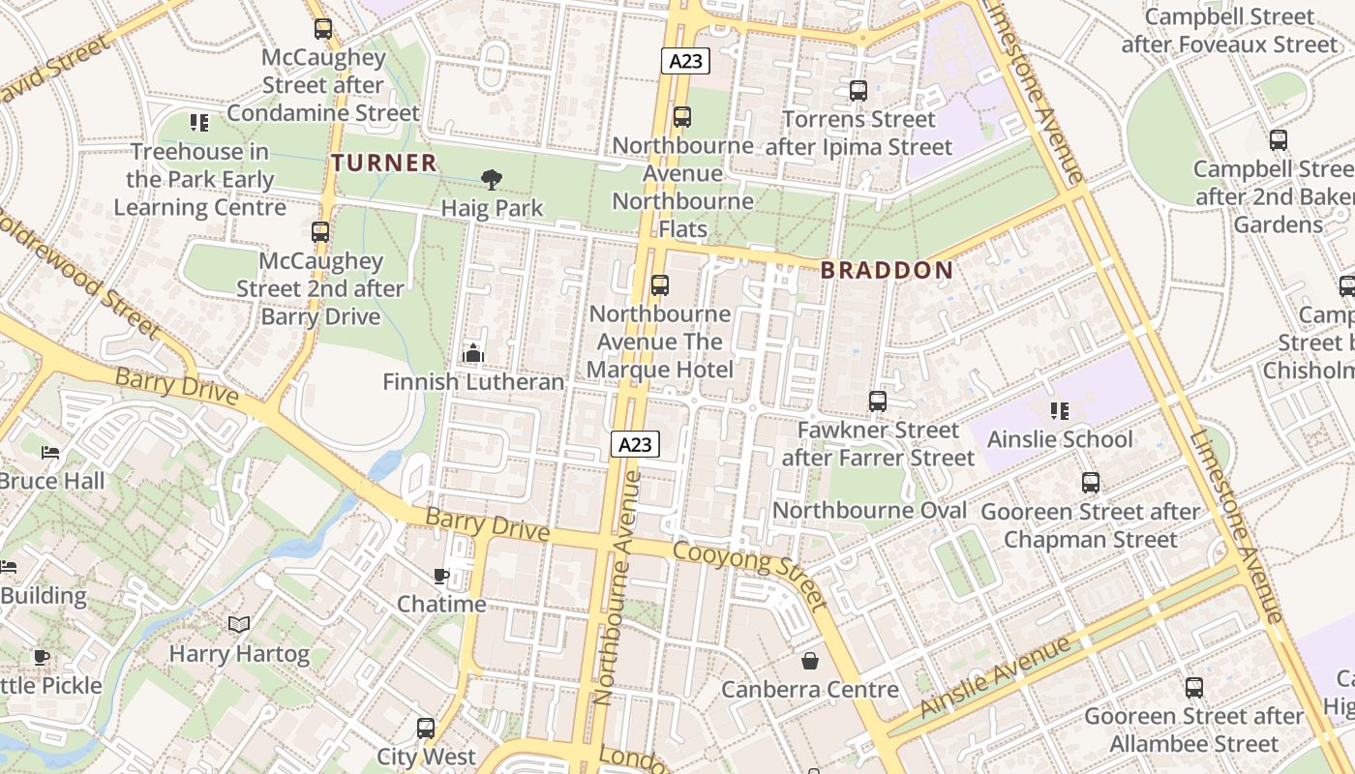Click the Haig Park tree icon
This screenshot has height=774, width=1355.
tap(492, 179)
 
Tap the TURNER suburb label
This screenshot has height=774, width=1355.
tap(384, 163)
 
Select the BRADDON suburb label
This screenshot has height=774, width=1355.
tap(887, 270)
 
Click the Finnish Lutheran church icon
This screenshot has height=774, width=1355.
tap(473, 353)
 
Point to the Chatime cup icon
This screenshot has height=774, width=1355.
tap(441, 577)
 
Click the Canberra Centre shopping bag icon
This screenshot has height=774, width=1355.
tap(809, 661)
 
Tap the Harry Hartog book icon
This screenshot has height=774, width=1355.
tap(239, 625)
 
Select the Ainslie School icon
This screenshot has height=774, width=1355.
tap(1060, 411)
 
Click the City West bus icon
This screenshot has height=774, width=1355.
tap(426, 729)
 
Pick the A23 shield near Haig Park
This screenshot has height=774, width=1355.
tap(686, 61)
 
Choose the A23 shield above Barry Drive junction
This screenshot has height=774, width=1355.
tap(635, 444)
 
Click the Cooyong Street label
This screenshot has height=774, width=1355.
tap(750, 576)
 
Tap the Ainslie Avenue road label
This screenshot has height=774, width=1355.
tap(997, 676)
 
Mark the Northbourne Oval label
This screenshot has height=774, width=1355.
tap(869, 510)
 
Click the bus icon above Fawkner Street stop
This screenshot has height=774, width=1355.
tap(878, 401)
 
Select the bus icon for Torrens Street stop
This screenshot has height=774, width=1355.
tap(858, 91)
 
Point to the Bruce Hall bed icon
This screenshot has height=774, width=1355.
tap(51, 453)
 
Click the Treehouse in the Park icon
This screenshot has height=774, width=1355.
tap(199, 123)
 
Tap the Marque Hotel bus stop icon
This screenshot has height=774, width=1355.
tap(660, 285)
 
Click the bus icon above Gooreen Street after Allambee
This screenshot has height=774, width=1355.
tap(1194, 688)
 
